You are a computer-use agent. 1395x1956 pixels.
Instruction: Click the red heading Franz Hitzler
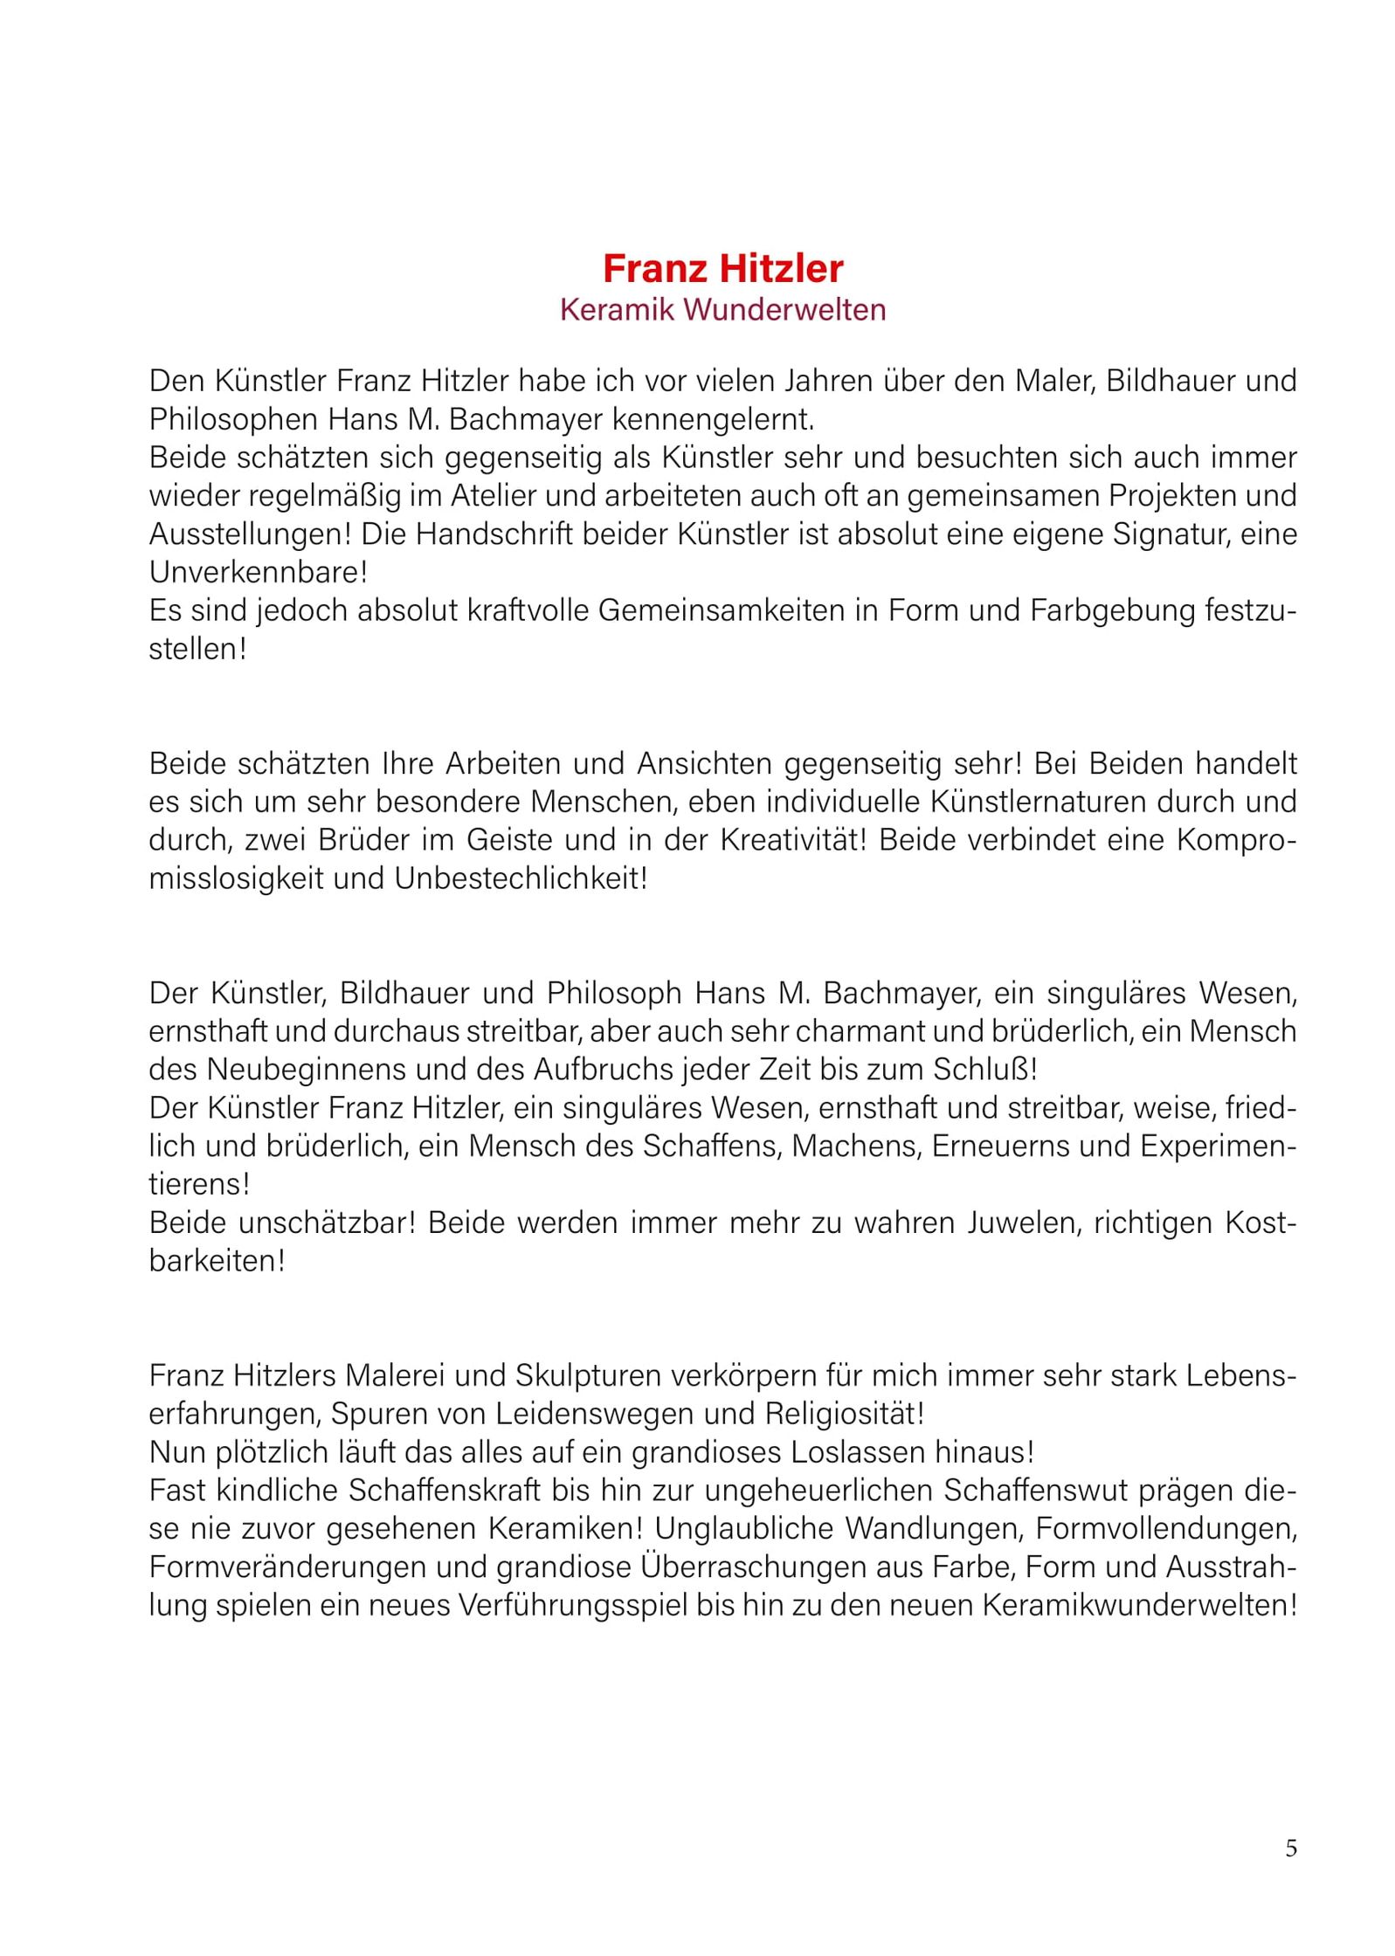coord(722,268)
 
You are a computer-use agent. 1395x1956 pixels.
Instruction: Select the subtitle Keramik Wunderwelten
coord(722,310)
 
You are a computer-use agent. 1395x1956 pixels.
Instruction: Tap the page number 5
coord(1291,1848)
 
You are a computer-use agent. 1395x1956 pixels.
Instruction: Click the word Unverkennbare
coord(258,573)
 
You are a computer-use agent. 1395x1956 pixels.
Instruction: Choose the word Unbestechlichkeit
coord(521,878)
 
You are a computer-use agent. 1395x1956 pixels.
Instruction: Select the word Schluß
coord(984,1070)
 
